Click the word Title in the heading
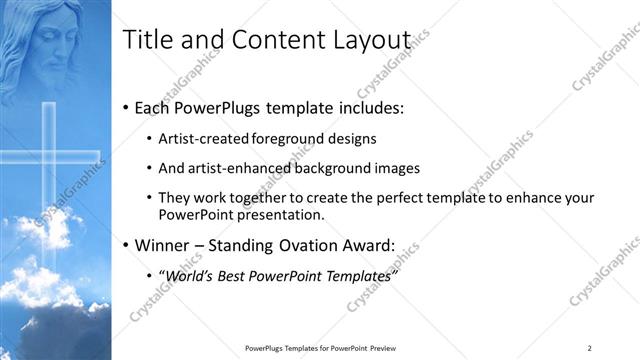pos(142,39)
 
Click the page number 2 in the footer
pos(590,348)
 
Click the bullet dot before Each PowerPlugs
pos(125,108)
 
